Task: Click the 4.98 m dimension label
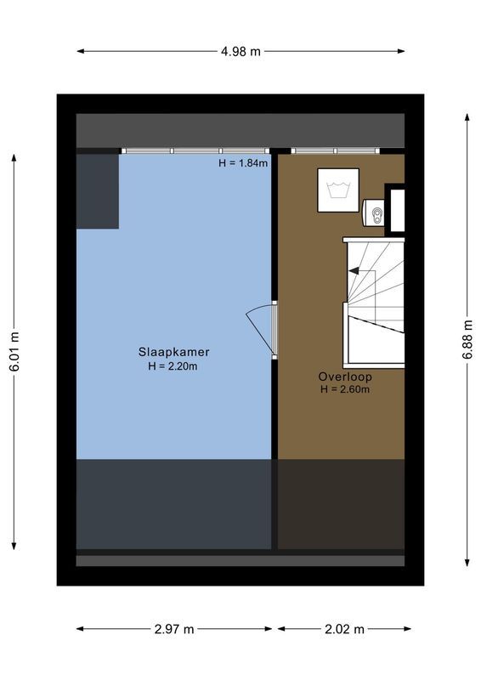[x=240, y=51]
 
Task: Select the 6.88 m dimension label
[x=467, y=339]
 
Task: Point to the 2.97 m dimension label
[x=174, y=629]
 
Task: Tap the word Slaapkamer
[x=174, y=352]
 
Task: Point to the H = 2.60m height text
[x=345, y=389]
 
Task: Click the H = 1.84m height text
[x=243, y=163]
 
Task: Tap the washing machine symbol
[x=338, y=190]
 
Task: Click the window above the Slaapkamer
[x=195, y=150]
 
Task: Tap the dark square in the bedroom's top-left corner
[x=97, y=191]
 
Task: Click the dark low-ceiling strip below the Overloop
[x=341, y=504]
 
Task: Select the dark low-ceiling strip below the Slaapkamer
[x=174, y=504]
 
